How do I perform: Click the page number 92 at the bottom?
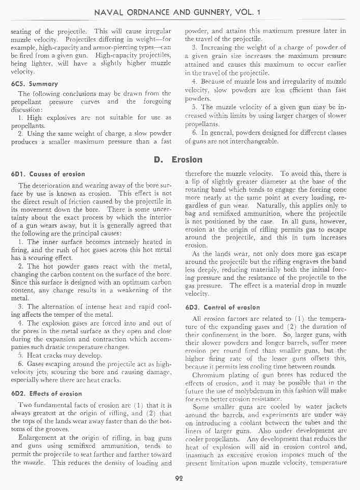coord(179,478)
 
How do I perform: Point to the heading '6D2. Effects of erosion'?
coord(49,394)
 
